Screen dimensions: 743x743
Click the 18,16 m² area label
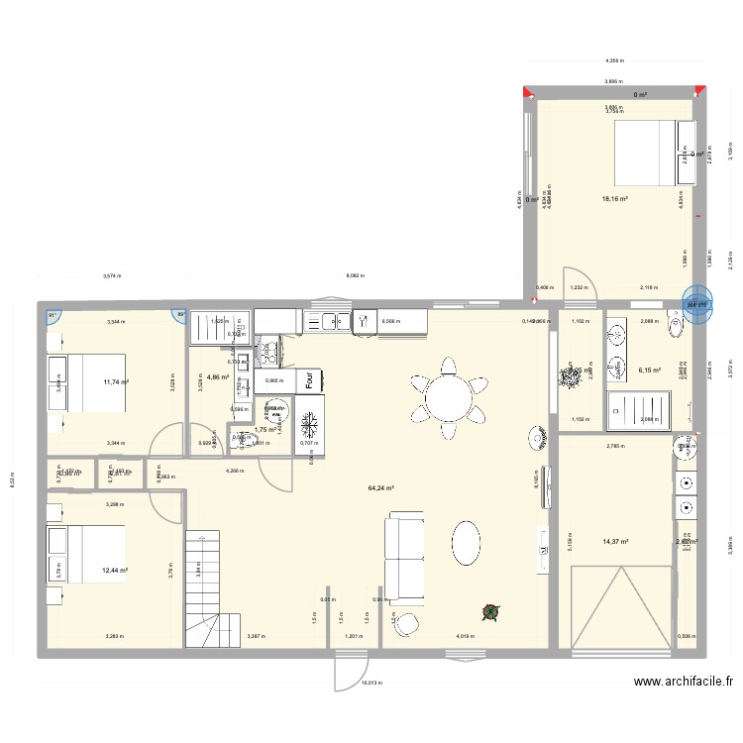[614, 199]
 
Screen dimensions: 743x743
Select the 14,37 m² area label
[616, 541]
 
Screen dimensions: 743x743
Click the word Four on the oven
[310, 379]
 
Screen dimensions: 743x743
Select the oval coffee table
[470, 545]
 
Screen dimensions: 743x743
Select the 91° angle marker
[53, 316]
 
